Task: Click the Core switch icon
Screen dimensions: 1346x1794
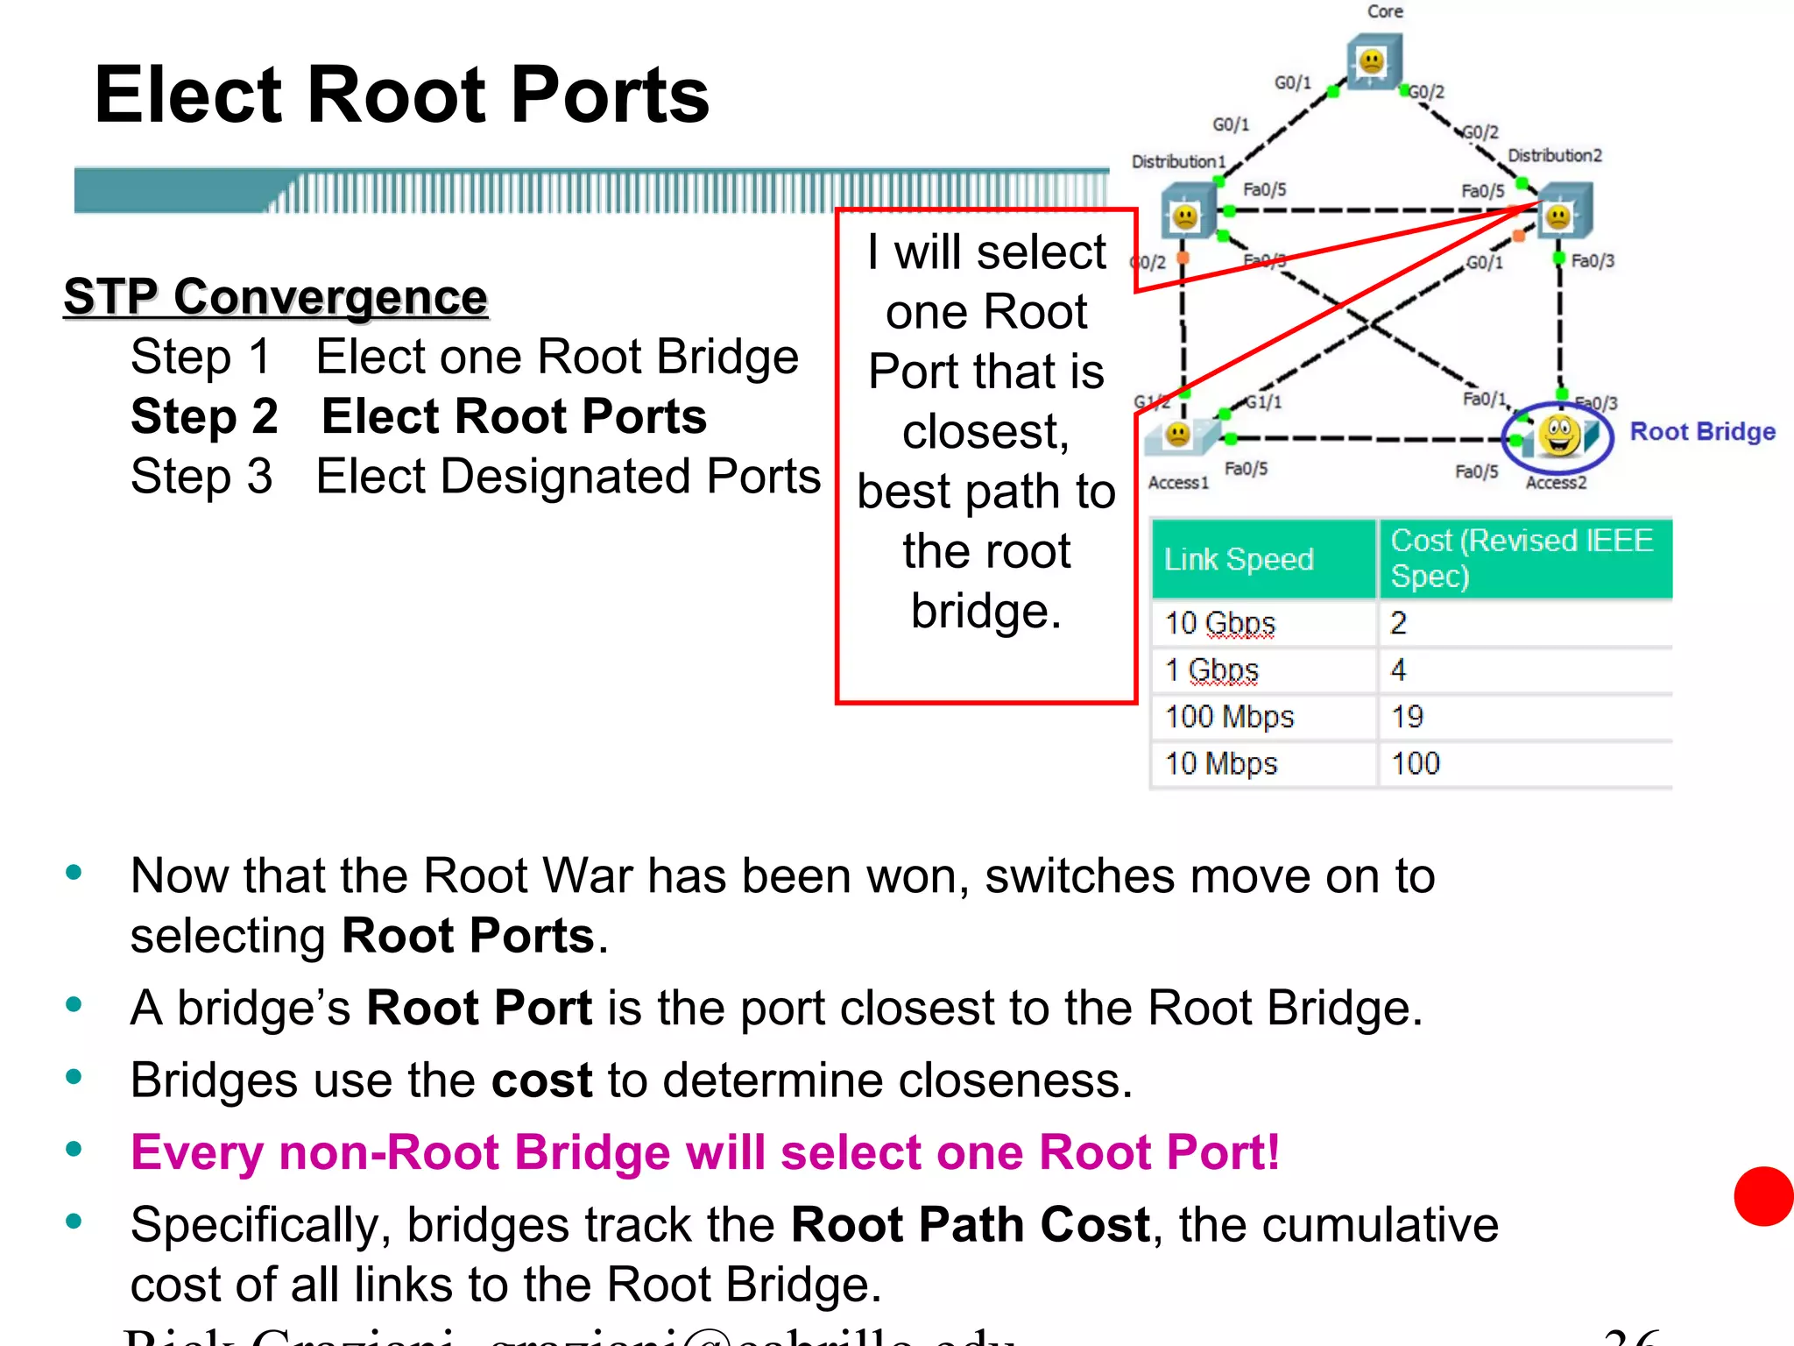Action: click(1373, 61)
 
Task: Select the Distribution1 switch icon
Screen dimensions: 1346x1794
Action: click(1186, 213)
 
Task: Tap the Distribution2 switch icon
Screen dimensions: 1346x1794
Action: click(1562, 212)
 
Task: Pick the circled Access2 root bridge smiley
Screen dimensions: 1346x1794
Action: click(1558, 436)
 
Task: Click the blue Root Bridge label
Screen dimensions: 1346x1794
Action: click(1701, 431)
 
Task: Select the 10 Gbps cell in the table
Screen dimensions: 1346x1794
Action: click(1219, 623)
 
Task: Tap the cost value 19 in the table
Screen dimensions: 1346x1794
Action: click(1407, 717)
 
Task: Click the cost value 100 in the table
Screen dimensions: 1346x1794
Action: click(1415, 763)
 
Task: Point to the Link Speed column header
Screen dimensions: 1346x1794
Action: click(1239, 559)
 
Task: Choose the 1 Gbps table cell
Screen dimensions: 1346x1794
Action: click(1211, 670)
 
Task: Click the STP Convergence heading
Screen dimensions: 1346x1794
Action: click(275, 296)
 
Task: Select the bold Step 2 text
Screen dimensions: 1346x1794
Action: click(204, 415)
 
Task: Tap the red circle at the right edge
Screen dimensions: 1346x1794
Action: click(1763, 1196)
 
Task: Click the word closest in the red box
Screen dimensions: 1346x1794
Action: click(985, 431)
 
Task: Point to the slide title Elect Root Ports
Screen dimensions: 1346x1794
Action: click(401, 95)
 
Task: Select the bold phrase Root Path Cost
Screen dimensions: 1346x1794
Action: click(970, 1224)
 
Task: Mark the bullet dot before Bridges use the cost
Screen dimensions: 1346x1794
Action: click(74, 1078)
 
